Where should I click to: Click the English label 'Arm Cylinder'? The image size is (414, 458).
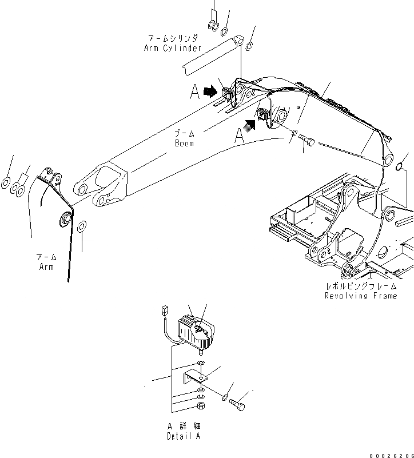[173, 48]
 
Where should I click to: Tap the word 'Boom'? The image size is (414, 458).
[184, 143]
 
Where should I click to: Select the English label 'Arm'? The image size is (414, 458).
[47, 267]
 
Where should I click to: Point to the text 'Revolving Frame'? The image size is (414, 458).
[360, 296]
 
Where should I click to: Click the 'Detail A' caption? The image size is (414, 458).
[184, 436]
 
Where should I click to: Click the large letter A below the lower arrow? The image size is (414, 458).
[240, 135]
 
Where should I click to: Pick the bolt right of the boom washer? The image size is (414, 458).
[306, 141]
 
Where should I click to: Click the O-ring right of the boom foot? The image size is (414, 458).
[401, 167]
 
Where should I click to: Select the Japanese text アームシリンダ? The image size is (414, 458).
[173, 38]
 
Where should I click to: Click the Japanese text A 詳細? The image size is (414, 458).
[184, 427]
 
